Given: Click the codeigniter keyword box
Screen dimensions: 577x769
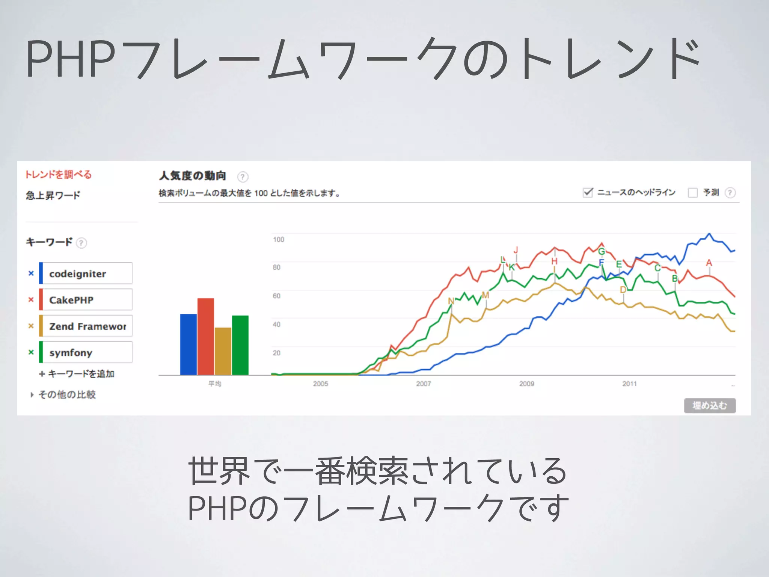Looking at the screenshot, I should point(86,273).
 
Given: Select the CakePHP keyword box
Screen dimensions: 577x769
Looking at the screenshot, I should point(86,300).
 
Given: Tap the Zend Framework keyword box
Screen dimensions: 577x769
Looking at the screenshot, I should point(86,326).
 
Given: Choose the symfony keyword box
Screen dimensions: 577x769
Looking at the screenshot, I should point(86,352).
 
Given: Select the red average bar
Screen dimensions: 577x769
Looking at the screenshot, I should point(206,337).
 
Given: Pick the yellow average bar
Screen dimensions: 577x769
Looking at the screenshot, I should point(223,351).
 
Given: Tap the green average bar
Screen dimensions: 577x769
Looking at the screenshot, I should point(240,345).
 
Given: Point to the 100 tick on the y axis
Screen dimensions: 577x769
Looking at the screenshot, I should point(279,240).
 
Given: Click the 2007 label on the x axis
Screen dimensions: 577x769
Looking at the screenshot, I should point(424,384).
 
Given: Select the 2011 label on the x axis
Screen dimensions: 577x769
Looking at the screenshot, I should point(630,384).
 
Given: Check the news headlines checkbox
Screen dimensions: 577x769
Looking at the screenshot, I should point(588,193).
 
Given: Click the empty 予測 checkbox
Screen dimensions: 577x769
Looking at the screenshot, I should point(692,193).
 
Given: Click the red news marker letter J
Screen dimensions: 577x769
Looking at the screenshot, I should point(516,250).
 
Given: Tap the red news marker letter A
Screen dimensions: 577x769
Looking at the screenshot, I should point(709,263).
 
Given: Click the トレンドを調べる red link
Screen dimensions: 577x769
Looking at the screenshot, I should point(59,175).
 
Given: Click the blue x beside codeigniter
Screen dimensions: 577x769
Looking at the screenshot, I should point(31,273).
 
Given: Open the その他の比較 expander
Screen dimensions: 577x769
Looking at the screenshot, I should point(63,394).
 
